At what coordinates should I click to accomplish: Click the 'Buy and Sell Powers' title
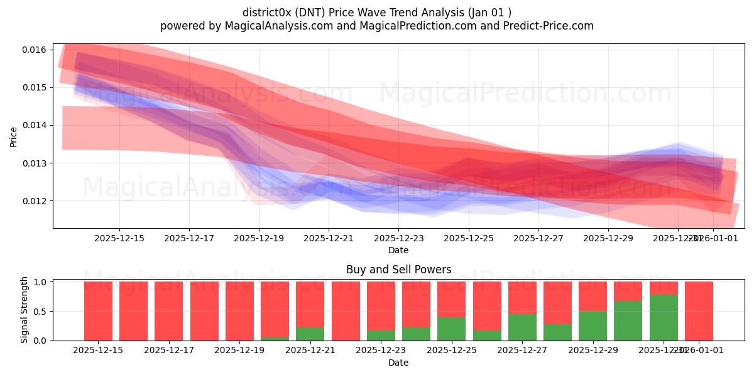398,270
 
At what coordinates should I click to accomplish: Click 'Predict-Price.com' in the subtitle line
550,26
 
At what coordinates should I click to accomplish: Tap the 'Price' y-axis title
14,136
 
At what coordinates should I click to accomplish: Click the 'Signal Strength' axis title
24,310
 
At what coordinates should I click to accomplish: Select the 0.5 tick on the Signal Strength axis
40,312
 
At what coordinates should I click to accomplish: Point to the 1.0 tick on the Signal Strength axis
40,282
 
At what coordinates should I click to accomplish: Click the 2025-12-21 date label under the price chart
329,238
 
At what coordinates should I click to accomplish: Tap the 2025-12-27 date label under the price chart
538,238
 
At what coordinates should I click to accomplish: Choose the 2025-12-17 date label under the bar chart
168,350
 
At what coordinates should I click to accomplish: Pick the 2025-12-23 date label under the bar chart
381,350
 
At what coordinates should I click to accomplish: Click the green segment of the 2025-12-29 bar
593,325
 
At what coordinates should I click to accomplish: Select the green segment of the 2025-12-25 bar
451,329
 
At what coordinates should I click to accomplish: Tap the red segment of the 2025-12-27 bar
522,297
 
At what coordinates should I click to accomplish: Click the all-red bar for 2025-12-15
98,311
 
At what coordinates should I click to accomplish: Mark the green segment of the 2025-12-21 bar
310,334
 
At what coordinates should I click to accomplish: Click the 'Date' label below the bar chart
398,363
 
